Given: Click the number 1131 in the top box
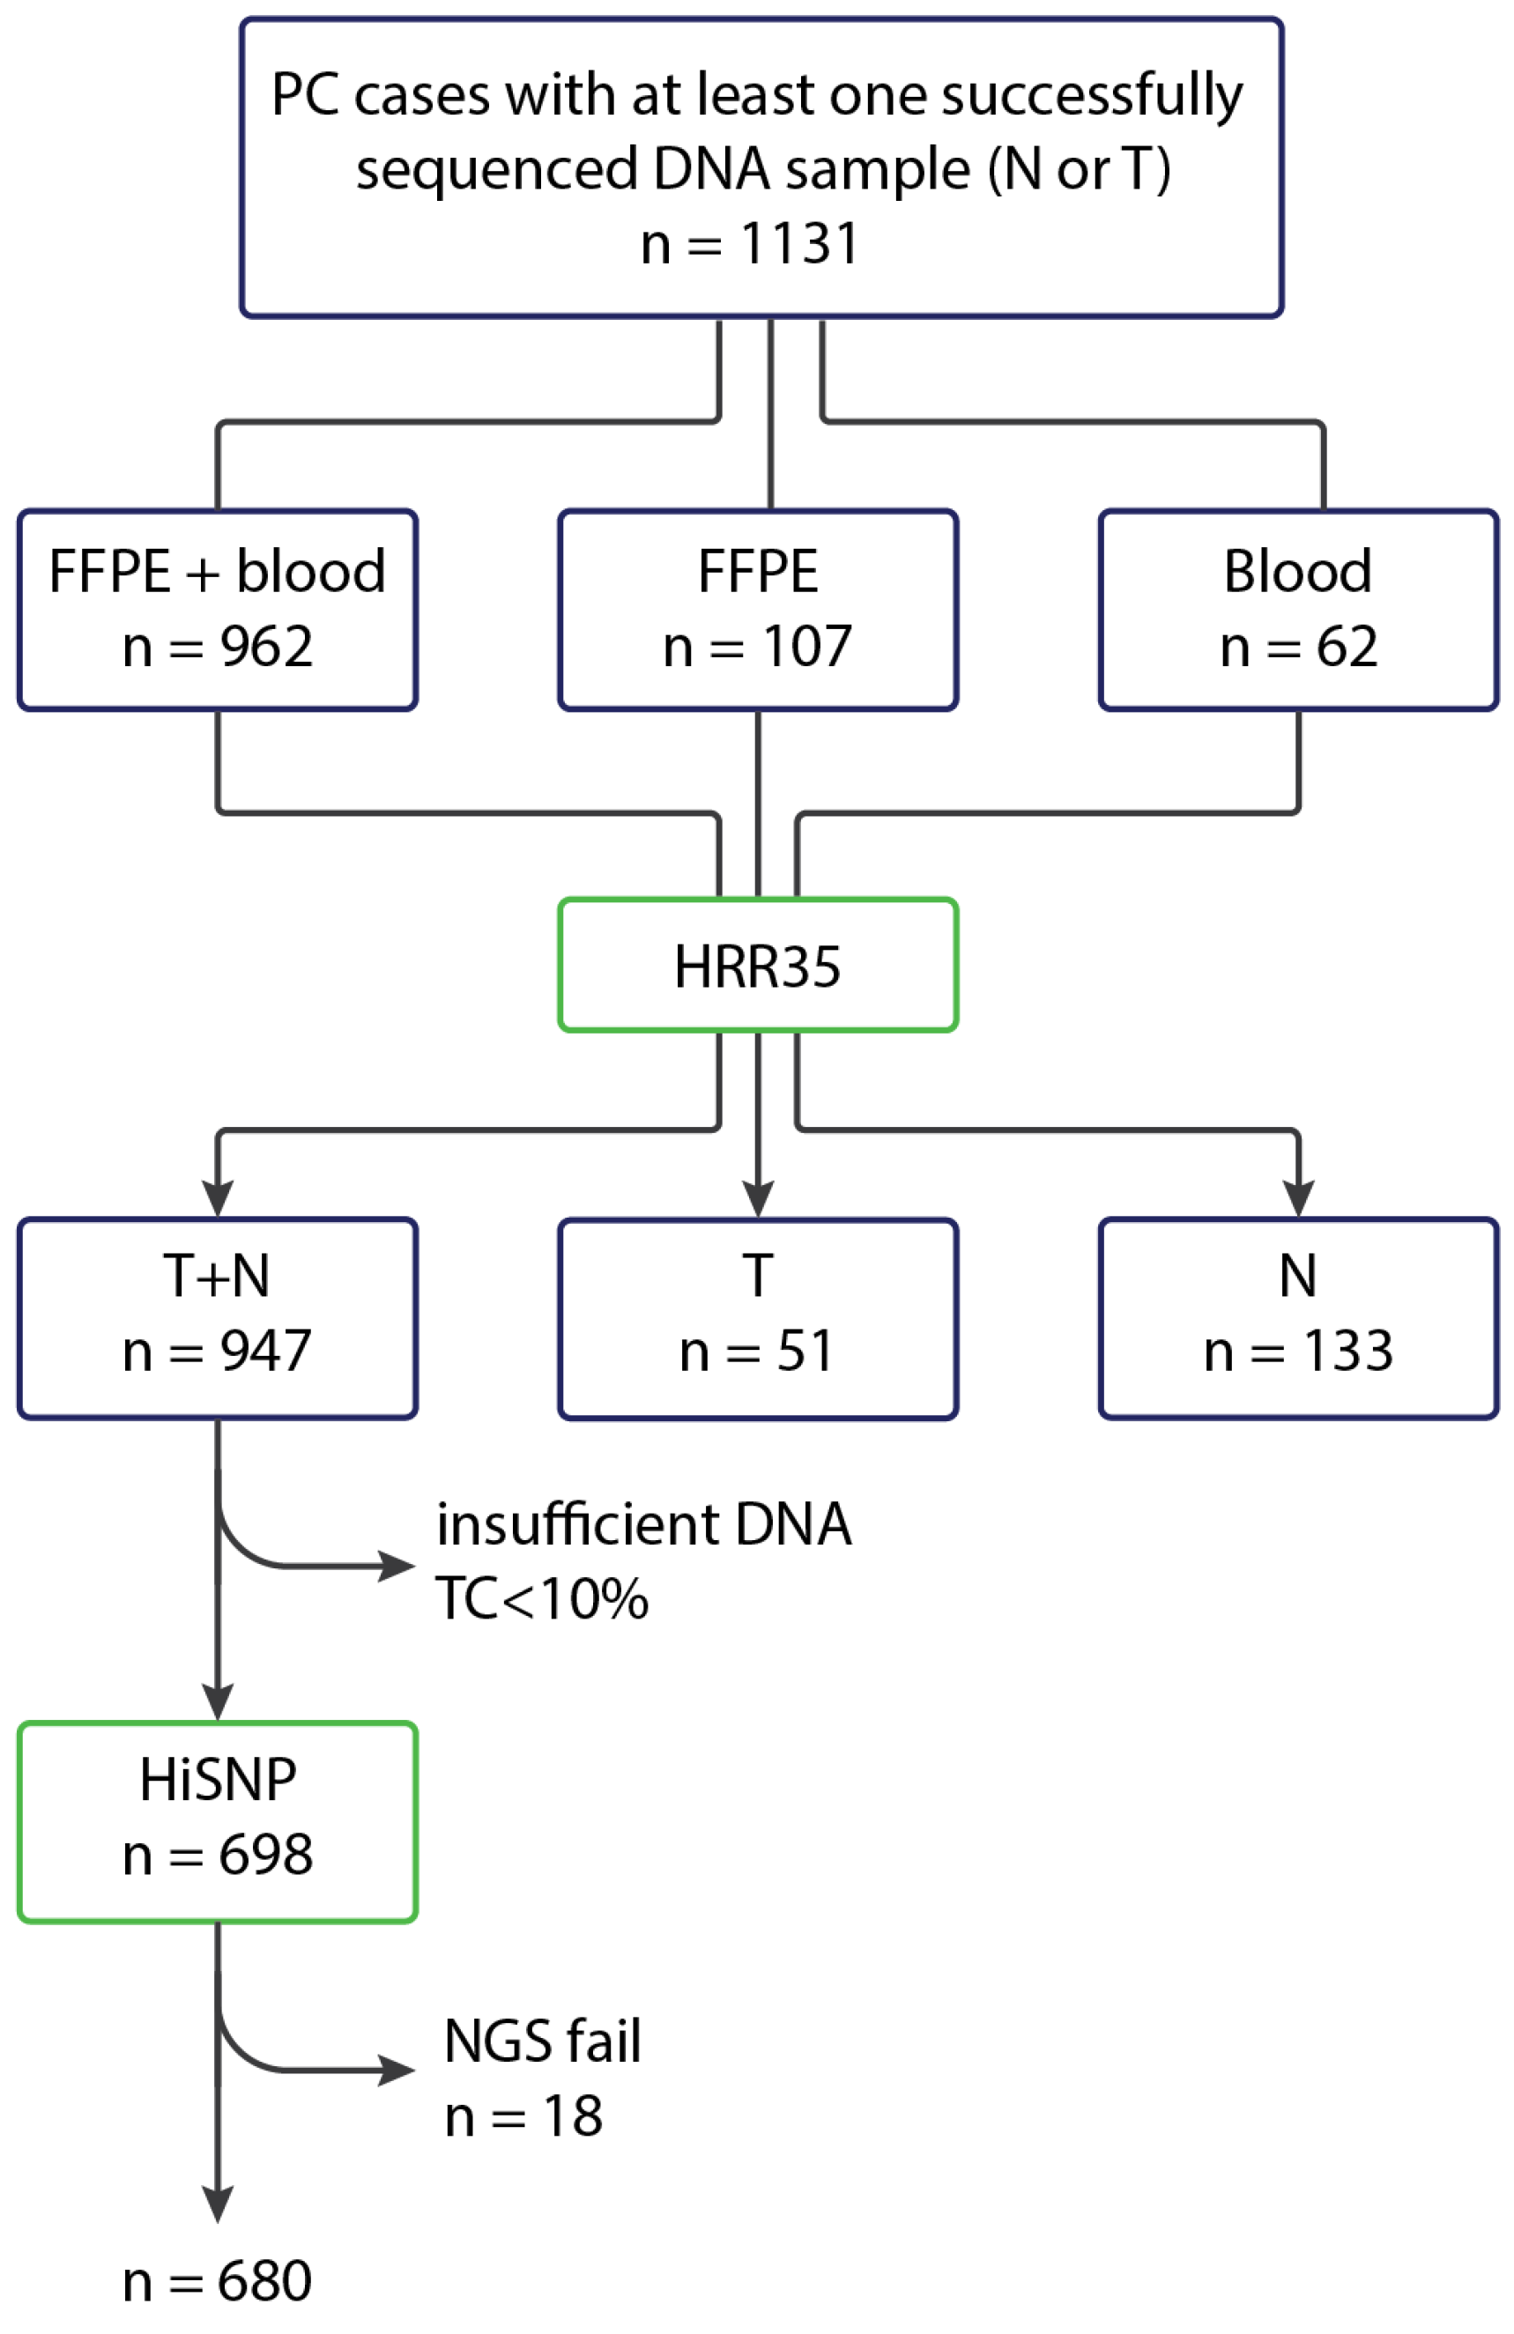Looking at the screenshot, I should point(799,243).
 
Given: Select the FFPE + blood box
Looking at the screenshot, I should point(217,609).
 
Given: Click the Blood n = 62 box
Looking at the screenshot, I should point(1297,609).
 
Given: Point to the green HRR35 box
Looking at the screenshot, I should point(757,965).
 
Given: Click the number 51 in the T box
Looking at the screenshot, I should point(805,1351).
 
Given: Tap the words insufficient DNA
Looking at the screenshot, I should point(643,1525).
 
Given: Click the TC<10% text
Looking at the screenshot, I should point(541,1599).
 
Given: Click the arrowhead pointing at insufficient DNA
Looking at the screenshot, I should point(397,1567).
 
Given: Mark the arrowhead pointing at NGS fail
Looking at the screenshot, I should point(397,2071).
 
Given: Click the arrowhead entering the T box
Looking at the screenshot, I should point(757,1198).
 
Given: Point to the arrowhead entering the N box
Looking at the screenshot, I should point(1297,1198).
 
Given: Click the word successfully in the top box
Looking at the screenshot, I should point(1091,96).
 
